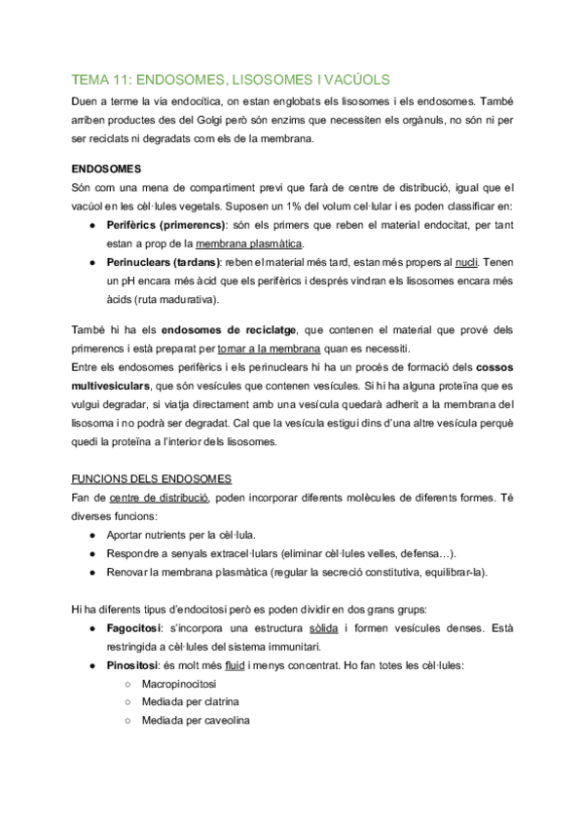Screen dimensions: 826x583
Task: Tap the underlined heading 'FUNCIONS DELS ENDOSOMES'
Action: click(x=153, y=478)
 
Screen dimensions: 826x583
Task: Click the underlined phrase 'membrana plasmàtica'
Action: click(x=249, y=244)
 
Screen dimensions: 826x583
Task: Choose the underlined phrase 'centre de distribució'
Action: click(x=160, y=497)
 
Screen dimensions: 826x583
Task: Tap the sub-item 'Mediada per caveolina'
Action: click(x=197, y=722)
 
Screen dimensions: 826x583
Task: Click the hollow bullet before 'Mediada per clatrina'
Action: click(x=129, y=703)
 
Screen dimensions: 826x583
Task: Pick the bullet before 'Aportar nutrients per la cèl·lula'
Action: click(x=91, y=535)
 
